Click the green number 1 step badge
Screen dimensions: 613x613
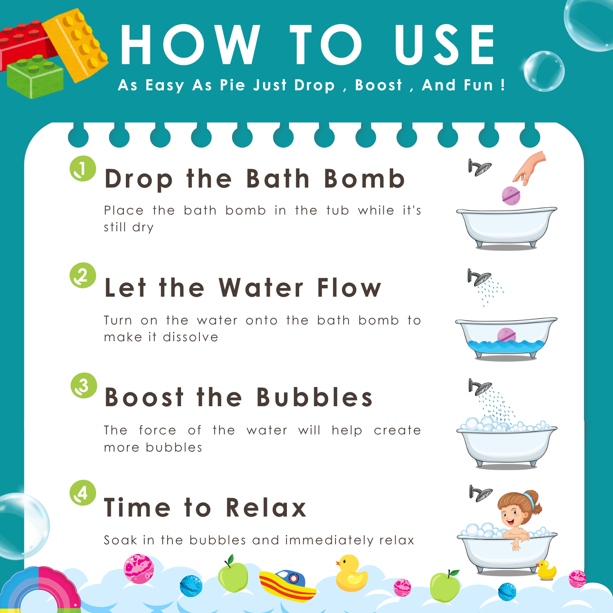(x=83, y=168)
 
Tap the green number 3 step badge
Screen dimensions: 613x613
(x=83, y=385)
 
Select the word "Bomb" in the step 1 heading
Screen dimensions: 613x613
(x=364, y=179)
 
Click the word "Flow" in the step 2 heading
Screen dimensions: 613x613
(x=349, y=288)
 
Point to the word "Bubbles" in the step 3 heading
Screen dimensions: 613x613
(x=315, y=397)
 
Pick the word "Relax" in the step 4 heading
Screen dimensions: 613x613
(x=266, y=508)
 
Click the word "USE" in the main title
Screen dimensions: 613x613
(x=445, y=45)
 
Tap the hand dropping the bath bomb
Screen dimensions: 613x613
(x=530, y=168)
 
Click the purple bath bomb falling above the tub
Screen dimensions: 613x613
(x=511, y=195)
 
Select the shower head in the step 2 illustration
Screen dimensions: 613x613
(x=479, y=278)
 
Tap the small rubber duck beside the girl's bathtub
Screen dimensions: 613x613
(x=546, y=570)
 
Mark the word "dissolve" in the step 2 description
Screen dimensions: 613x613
(x=190, y=337)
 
